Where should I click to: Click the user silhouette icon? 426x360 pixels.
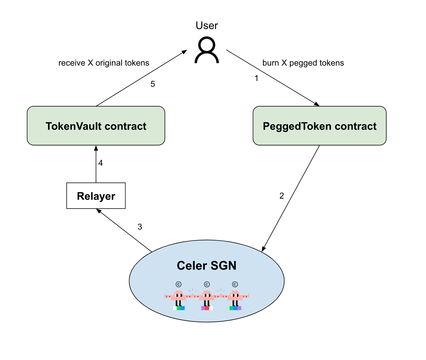coord(207,50)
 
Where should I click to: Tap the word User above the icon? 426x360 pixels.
coord(207,26)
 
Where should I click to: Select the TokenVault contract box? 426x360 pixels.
coord(96,126)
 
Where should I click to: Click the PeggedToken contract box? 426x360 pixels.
coord(319,126)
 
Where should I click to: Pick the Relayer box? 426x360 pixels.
coord(96,196)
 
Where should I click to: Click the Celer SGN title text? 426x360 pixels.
coord(207,266)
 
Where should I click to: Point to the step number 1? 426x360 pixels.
coord(256,78)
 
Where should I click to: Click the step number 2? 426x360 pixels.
coord(282,196)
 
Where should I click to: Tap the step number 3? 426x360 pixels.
coord(140,227)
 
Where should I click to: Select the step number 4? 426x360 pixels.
coord(101,163)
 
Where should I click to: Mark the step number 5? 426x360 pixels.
coord(153,84)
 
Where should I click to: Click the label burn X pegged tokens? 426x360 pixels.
coord(303,63)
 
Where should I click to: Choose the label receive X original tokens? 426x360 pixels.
coord(104,63)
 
